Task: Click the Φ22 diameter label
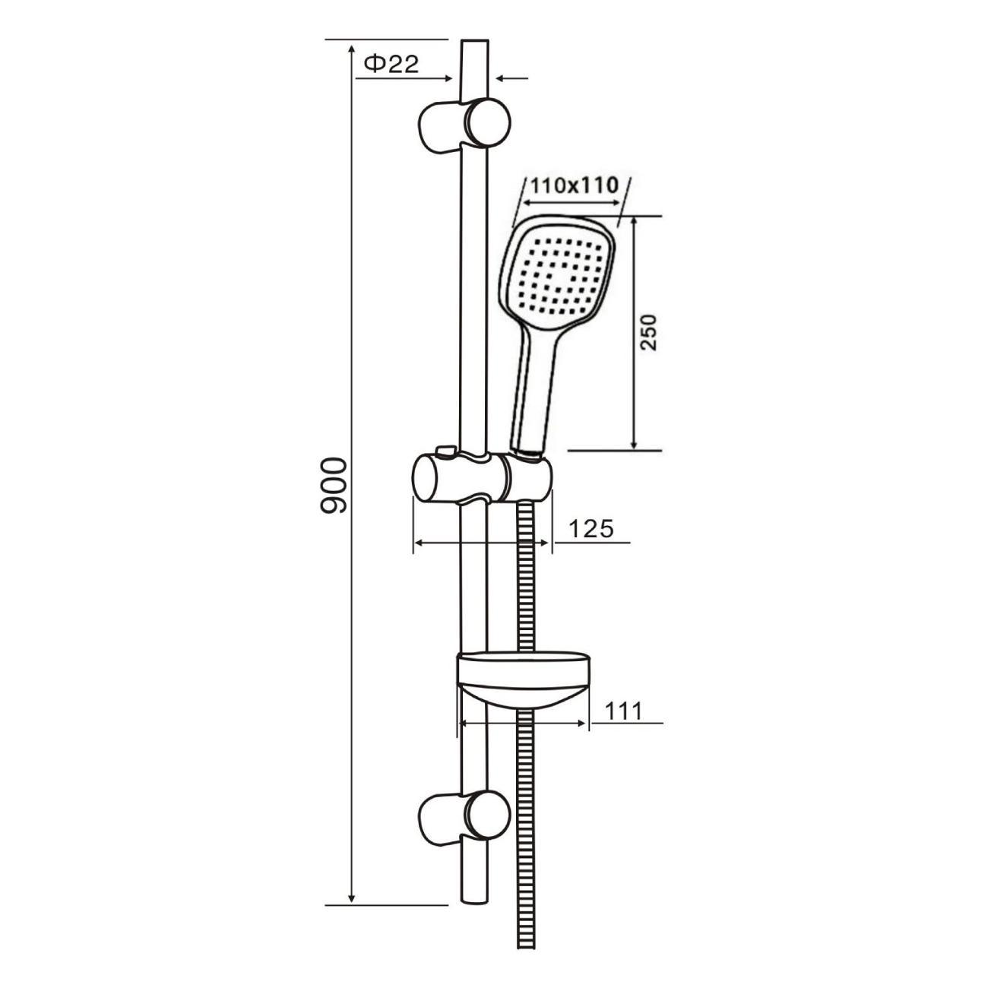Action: click(x=391, y=64)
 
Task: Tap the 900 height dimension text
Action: click(x=334, y=486)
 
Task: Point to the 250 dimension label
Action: click(x=649, y=332)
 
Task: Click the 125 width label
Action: click(x=591, y=529)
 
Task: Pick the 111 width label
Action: click(x=623, y=711)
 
